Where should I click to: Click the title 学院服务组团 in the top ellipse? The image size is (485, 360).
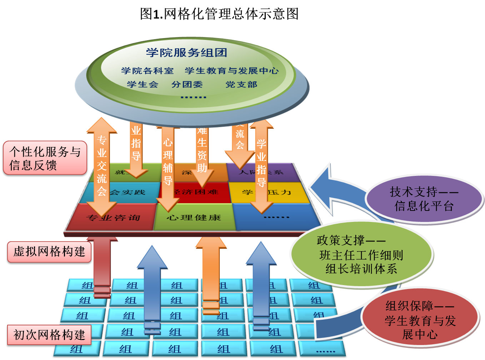(x=186, y=53)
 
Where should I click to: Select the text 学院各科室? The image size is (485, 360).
(x=147, y=71)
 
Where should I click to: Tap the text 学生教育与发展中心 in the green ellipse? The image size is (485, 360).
(x=232, y=71)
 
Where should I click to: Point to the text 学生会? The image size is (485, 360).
(x=142, y=85)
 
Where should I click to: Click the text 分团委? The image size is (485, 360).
(x=187, y=85)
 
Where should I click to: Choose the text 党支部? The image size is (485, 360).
(x=241, y=85)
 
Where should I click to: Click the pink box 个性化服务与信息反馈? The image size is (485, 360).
(x=45, y=158)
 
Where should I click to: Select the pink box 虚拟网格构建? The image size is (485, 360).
(x=49, y=252)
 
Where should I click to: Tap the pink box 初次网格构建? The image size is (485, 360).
(x=49, y=335)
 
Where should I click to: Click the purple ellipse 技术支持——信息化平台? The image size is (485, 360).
(x=424, y=199)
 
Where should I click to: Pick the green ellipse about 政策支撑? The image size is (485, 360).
(x=361, y=254)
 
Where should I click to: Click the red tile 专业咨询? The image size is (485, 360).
(x=113, y=217)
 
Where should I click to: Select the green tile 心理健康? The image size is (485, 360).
(x=194, y=217)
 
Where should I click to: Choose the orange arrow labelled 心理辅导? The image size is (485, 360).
(x=168, y=164)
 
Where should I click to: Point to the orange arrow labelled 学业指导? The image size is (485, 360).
(x=261, y=164)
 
